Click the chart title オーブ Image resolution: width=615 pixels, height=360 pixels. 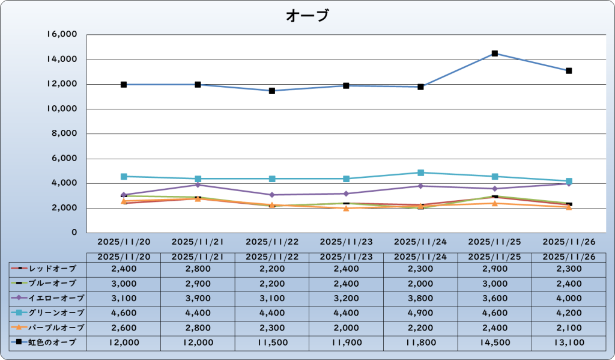(307, 16)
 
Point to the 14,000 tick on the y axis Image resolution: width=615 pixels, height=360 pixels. (62, 59)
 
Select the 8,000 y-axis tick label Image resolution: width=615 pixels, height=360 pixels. (65, 134)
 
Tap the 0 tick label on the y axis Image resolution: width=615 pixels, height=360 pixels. (74, 233)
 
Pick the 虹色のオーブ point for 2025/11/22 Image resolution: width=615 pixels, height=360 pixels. (272, 91)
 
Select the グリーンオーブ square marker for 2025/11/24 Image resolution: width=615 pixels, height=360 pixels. (420, 172)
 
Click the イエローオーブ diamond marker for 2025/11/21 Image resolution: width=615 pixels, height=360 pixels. (198, 185)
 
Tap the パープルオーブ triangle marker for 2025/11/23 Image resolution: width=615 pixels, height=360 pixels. (346, 208)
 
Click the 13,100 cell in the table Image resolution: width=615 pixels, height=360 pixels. (569, 343)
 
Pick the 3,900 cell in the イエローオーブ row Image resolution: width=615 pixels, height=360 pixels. (198, 297)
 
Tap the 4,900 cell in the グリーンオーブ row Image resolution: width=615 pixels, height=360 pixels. (420, 313)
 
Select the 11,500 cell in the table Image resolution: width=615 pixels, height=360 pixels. (272, 343)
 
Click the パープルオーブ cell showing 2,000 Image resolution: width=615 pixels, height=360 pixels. (346, 328)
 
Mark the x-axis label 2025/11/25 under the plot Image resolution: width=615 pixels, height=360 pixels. (494, 242)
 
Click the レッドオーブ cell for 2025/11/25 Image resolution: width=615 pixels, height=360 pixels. (494, 267)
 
